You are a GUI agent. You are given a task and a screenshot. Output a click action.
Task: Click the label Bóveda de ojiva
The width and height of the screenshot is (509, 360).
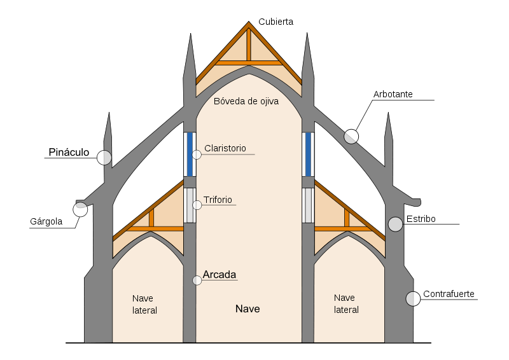point(246,100)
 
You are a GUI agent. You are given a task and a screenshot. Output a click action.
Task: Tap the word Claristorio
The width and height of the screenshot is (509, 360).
point(225,148)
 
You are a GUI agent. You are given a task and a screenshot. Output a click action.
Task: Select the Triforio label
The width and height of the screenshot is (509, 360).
point(218,198)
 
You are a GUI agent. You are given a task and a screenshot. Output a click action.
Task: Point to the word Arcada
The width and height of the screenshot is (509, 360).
point(220,275)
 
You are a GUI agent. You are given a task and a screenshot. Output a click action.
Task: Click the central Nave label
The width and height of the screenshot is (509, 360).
point(248,309)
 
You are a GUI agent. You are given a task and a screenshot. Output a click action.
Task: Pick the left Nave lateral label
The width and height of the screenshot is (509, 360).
point(144,304)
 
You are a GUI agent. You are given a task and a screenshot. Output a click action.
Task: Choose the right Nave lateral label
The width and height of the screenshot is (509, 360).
point(346,303)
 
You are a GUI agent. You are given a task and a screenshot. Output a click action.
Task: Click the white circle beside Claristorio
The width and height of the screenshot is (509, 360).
point(197,154)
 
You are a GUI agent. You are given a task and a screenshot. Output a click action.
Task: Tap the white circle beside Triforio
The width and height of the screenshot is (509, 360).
point(197,205)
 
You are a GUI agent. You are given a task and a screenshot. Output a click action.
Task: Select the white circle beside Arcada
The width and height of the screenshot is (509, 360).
point(197,280)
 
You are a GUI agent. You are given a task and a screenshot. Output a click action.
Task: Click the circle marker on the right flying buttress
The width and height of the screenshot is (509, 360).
point(351,136)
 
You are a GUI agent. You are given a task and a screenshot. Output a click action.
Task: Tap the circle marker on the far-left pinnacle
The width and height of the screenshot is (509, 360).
point(104,157)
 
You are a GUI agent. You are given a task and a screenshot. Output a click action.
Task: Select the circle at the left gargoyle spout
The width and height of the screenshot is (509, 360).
point(80,209)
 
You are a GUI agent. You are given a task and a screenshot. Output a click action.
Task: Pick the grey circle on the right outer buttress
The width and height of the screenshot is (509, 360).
point(396,224)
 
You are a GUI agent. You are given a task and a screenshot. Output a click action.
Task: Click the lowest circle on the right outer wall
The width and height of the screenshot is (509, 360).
point(413,298)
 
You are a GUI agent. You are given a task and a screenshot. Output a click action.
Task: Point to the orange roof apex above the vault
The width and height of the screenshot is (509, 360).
point(249,25)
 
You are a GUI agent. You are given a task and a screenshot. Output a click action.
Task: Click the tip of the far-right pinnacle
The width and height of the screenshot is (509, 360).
point(389,116)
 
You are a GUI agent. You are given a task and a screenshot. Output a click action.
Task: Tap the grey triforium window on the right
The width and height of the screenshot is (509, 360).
point(309,205)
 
